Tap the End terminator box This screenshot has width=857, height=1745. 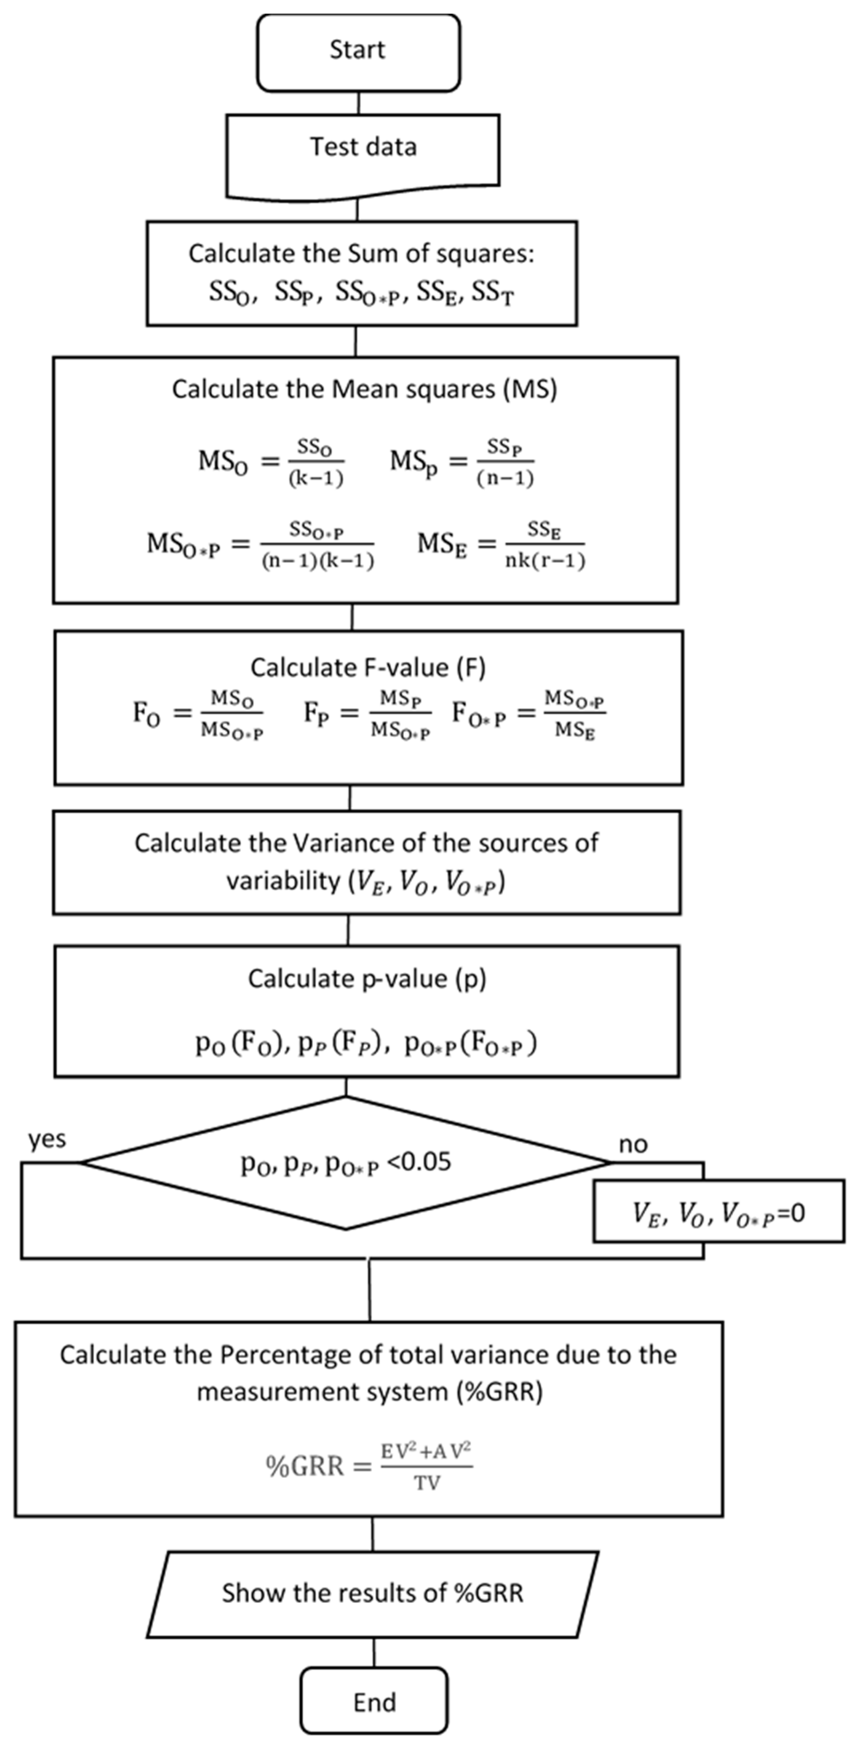pyautogui.click(x=374, y=1700)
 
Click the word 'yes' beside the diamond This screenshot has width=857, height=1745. pyautogui.click(x=47, y=1139)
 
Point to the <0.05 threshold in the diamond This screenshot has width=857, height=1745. pyautogui.click(x=418, y=1163)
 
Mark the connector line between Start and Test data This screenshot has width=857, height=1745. pyautogui.click(x=358, y=103)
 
